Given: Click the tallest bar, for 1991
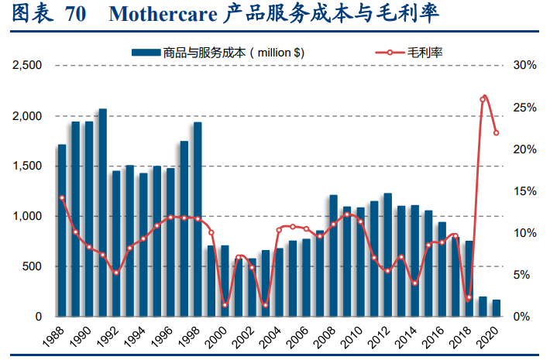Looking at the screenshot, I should [102, 213].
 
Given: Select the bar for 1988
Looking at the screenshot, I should [62, 231].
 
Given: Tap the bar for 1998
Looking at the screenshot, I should [198, 219].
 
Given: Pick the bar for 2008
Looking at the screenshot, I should [334, 255].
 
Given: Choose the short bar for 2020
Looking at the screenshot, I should [497, 308].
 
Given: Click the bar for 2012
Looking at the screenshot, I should [388, 255].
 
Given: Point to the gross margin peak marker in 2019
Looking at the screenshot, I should [484, 98].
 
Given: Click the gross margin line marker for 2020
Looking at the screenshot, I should [497, 133].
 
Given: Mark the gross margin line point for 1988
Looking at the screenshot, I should [62, 198].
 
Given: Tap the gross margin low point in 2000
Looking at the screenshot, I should [225, 305].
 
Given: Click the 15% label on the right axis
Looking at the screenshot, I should [524, 191].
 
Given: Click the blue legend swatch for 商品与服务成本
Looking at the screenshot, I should [145, 52].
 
